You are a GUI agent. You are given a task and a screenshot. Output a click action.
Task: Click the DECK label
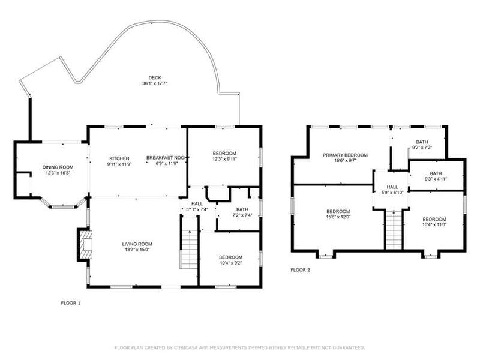pos(155,78)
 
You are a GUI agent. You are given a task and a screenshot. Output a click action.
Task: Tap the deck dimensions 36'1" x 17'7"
pos(155,83)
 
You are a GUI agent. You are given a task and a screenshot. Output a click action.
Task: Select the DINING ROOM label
pos(58,167)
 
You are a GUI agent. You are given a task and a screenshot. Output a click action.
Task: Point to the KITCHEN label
pos(119,158)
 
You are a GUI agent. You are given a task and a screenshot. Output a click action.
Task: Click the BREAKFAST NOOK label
pos(167,158)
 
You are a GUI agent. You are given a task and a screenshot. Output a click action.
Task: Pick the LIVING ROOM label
pos(137,244)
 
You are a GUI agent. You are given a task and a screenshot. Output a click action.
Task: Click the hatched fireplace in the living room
pos(85,245)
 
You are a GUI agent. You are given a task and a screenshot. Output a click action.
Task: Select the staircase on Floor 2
pos(394,229)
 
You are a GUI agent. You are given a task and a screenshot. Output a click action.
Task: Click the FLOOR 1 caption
pos(71,303)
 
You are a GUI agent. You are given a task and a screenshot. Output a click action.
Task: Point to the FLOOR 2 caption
pos(301,269)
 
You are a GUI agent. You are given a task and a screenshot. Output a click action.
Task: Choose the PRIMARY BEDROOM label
pos(346,155)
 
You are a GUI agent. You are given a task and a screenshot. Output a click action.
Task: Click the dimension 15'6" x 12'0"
pos(338,217)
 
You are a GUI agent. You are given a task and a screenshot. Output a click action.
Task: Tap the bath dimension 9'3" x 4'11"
pos(436,179)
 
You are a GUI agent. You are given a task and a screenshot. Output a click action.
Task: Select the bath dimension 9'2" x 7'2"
pos(422,147)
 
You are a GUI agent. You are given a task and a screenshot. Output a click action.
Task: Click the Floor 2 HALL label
pos(392,187)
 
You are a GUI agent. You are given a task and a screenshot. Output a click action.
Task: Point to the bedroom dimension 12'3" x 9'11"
pos(224,158)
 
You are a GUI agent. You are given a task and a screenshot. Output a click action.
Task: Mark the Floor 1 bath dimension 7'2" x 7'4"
pos(242,215)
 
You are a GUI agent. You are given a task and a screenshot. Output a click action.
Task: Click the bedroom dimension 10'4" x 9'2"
pos(231,263)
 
